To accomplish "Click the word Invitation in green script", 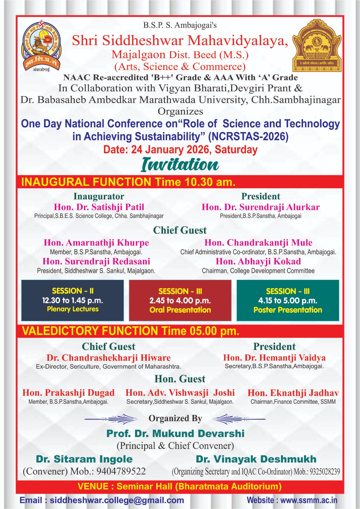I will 180,165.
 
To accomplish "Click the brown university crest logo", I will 316,45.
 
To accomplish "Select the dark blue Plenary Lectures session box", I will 73,300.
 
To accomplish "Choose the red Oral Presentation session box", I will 180,300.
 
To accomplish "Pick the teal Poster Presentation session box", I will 288,300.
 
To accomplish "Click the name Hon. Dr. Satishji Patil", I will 99,207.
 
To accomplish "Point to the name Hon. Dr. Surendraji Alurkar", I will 261,207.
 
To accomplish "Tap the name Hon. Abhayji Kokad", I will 258,261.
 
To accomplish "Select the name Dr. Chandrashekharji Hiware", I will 109,358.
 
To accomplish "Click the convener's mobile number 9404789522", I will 121,471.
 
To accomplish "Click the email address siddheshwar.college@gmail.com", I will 117,500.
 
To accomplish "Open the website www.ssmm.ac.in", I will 309,500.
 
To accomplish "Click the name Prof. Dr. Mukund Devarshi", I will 175,434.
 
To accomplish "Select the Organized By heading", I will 175,418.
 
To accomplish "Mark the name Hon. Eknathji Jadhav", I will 293,393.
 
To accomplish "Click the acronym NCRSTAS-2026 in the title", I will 248,136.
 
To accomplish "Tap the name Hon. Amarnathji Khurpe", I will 96,243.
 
